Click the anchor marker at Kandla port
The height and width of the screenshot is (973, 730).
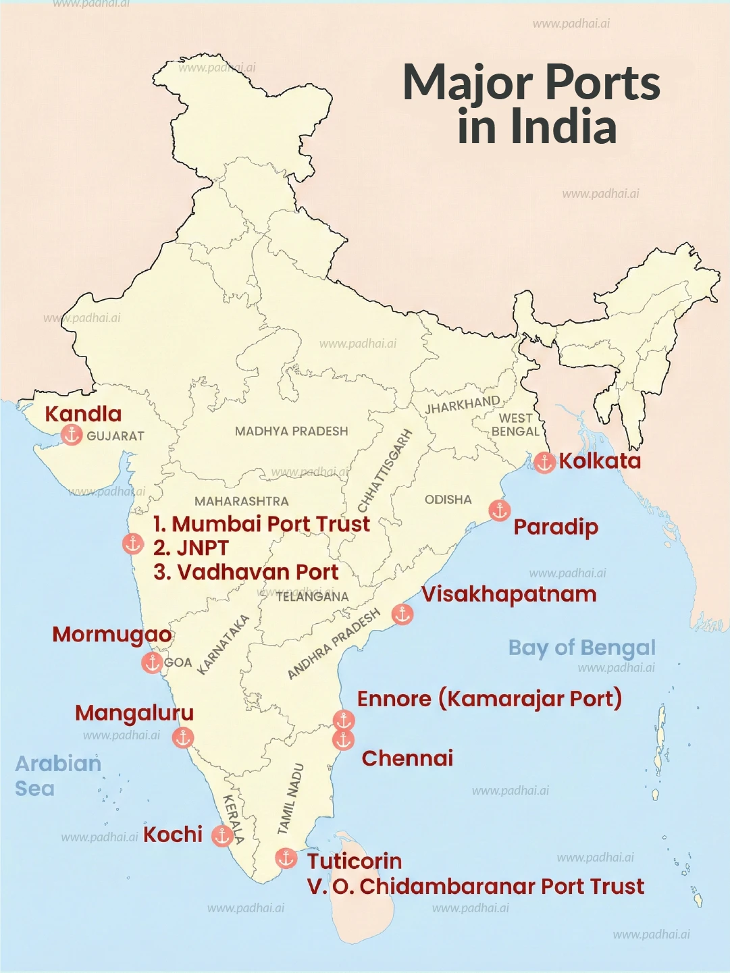(72, 435)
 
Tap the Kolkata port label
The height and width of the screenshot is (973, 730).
(600, 461)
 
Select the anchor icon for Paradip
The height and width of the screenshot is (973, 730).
(499, 510)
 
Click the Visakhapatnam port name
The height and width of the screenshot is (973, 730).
(509, 594)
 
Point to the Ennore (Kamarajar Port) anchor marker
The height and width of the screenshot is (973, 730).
(344, 720)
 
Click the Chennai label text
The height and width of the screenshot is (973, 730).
(407, 758)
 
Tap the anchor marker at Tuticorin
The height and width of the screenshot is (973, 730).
(286, 858)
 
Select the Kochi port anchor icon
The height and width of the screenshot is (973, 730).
(222, 836)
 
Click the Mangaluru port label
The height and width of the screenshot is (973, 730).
(134, 713)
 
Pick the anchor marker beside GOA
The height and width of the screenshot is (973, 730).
(152, 662)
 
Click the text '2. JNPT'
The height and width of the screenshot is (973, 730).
(191, 548)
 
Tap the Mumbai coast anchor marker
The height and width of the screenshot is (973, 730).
(132, 543)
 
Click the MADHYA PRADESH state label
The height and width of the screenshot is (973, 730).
(291, 431)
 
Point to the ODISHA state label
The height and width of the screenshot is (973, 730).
(448, 500)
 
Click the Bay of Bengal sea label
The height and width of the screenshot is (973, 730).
(581, 648)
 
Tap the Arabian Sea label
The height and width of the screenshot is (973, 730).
(57, 776)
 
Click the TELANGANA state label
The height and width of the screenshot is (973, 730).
(312, 597)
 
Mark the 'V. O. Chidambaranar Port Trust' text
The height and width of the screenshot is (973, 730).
(475, 887)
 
